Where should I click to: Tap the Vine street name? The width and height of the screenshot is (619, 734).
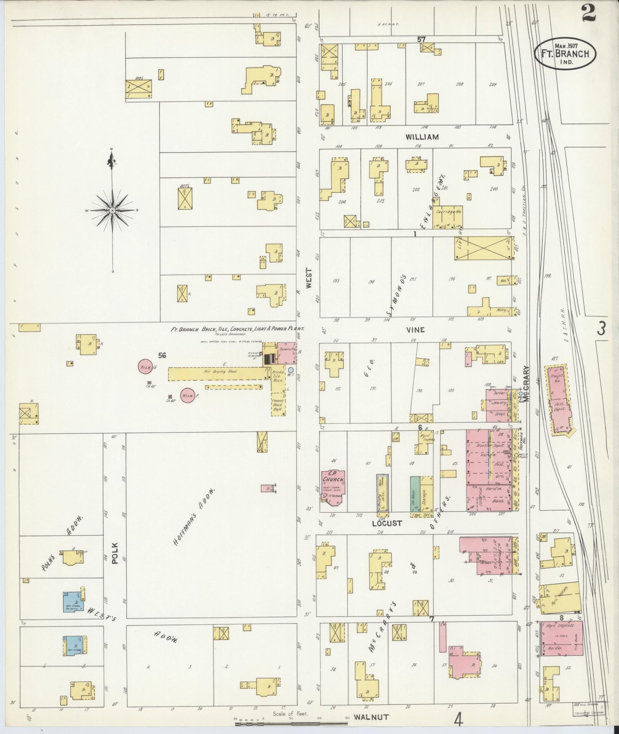pos(416,330)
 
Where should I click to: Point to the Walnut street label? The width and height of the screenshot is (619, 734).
pos(371,717)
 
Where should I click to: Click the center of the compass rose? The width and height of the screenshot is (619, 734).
pos(112,210)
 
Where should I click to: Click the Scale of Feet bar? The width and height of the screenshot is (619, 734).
pos(292,723)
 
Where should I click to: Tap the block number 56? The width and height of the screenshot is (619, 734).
pos(162,355)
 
